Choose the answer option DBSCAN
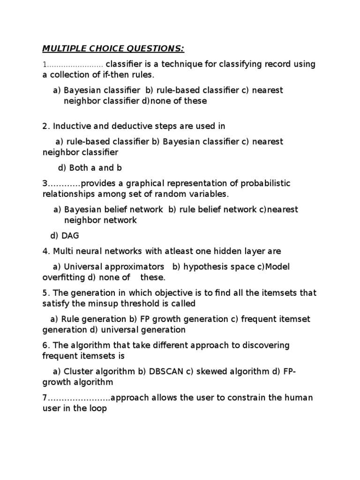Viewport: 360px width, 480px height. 166,372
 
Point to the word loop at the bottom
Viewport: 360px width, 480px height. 97,409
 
